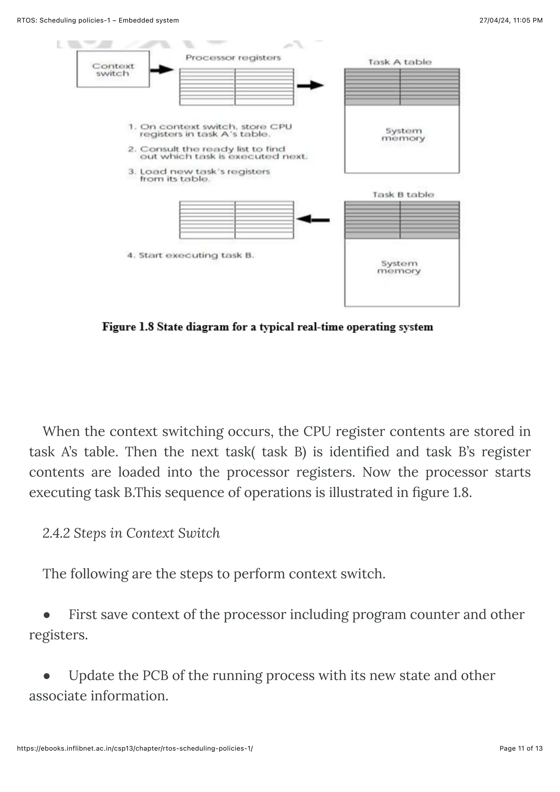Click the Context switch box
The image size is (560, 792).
point(113,69)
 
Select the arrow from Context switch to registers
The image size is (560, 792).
point(162,70)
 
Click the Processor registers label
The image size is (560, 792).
point(233,58)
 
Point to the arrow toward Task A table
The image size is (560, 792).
point(310,85)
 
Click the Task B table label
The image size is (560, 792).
point(403,195)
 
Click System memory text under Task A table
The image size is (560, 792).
point(403,134)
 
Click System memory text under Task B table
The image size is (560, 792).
point(399,267)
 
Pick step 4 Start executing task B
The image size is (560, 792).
point(191,255)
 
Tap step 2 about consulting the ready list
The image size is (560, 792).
point(217,153)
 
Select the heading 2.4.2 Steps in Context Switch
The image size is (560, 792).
point(131,533)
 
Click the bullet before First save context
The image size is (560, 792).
point(47,615)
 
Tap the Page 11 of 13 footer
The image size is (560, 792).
point(521,748)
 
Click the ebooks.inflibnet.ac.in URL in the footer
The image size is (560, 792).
point(135,748)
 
